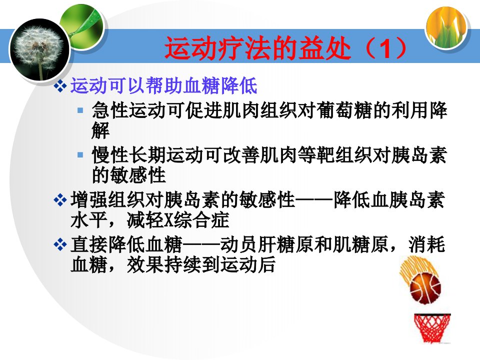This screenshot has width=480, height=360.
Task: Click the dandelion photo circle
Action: (40, 49)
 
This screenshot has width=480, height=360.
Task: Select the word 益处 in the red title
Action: (324, 48)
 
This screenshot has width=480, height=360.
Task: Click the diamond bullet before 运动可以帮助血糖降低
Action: (60, 86)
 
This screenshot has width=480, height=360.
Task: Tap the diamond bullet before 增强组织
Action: (60, 200)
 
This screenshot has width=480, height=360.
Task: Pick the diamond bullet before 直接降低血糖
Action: (60, 244)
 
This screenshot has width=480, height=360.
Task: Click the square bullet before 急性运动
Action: (80, 110)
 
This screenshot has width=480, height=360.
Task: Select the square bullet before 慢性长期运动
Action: (80, 155)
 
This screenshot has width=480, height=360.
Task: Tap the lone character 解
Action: (100, 130)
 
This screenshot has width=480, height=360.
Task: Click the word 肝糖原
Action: (286, 244)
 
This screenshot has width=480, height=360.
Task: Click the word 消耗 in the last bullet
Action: (426, 244)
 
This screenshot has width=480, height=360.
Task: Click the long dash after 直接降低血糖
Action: (201, 245)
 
